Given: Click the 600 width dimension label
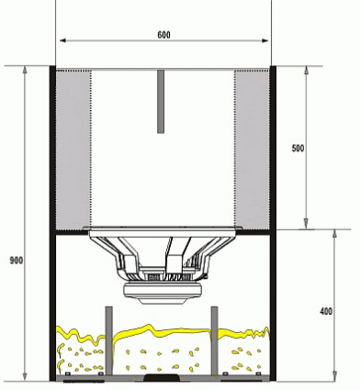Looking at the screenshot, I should [163, 34].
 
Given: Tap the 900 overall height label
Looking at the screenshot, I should [15, 261].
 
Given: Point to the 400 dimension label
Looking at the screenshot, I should [326, 312].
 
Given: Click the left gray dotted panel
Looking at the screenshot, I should [73, 149].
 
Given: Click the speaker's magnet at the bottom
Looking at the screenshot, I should [163, 292].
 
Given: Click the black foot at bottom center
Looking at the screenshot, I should [162, 377].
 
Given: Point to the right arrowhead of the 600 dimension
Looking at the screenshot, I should [267, 41].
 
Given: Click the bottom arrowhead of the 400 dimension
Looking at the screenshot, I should [333, 375].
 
